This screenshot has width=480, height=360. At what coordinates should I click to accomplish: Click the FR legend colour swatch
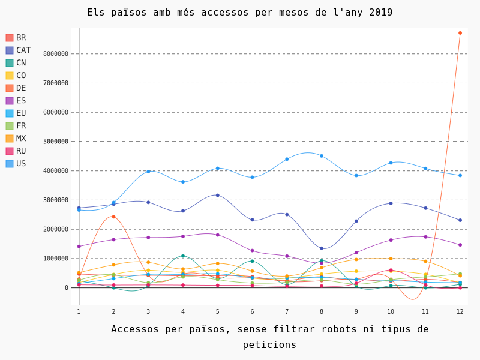tap(10, 126)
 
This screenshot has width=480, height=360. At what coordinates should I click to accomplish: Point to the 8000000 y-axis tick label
tap(56, 54)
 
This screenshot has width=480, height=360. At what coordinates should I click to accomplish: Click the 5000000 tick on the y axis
tap(56, 142)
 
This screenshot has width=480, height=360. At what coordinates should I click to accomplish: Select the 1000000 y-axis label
tap(56, 259)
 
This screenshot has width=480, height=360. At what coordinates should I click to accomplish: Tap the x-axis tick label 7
tap(287, 311)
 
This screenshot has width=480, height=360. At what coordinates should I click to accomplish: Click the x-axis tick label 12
tap(460, 311)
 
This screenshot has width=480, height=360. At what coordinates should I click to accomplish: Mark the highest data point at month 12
tap(460, 33)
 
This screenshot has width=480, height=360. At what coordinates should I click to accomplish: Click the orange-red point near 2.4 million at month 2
tap(113, 217)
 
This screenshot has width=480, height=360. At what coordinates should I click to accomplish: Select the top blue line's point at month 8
tap(322, 156)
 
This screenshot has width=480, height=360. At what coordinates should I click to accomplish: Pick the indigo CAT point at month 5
tap(218, 195)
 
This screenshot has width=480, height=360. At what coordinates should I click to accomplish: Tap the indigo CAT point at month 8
tap(322, 248)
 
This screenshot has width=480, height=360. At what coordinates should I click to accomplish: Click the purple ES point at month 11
tap(425, 236)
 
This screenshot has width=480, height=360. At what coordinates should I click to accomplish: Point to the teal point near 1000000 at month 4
tap(183, 256)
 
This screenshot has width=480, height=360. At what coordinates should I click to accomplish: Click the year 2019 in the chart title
tap(381, 13)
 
